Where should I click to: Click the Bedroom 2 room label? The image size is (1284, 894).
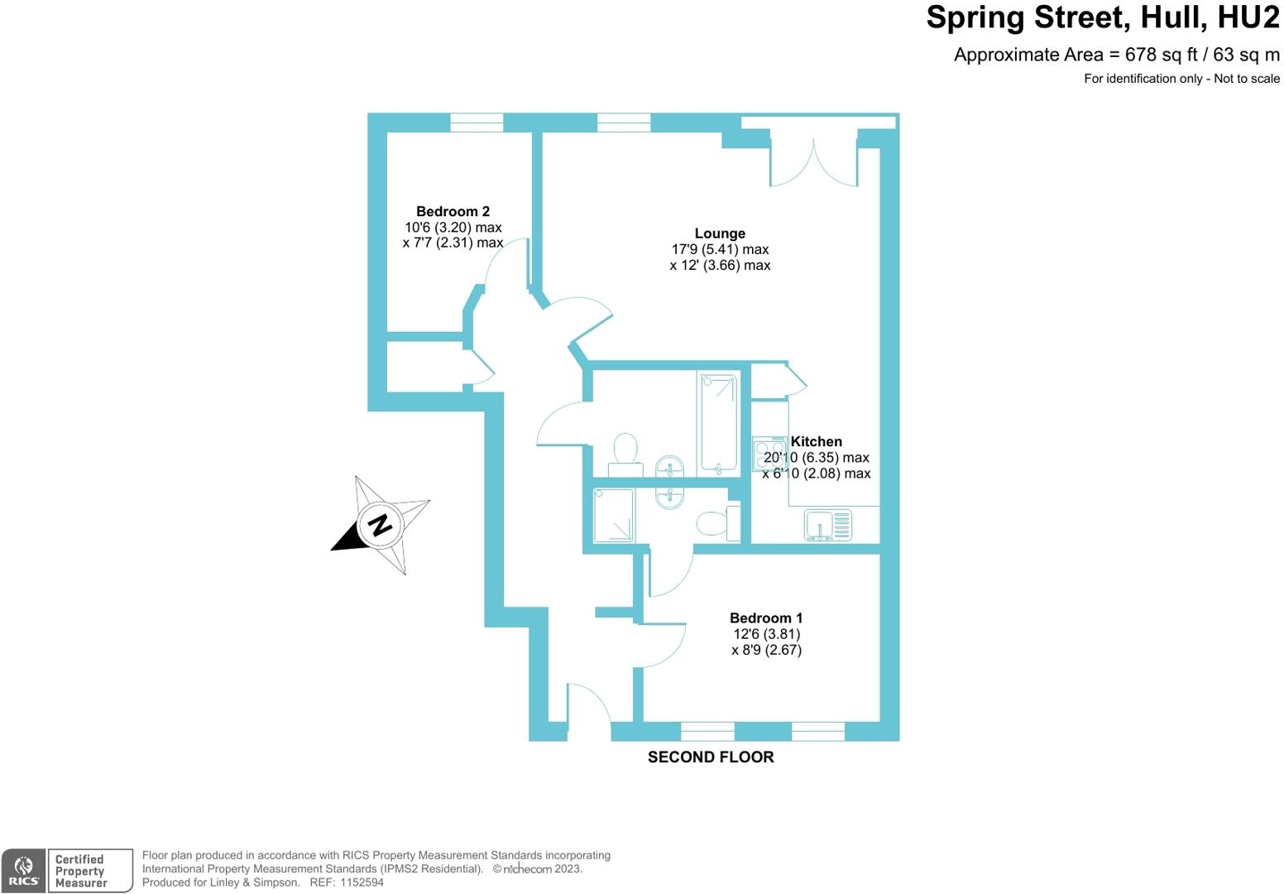point(453,211)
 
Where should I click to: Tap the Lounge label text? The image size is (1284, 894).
point(720,233)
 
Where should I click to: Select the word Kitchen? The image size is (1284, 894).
point(816,441)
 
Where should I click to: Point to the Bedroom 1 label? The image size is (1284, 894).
point(765,618)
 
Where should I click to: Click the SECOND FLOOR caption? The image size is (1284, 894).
point(710,757)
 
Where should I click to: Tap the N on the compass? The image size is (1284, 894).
point(380,524)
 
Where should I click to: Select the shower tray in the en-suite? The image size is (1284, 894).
point(613,515)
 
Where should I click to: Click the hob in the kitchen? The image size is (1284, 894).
point(769,454)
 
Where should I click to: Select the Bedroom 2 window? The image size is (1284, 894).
point(476,123)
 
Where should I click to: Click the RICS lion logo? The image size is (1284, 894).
point(24,870)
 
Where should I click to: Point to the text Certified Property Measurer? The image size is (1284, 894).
point(81,871)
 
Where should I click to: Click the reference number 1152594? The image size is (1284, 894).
point(362,882)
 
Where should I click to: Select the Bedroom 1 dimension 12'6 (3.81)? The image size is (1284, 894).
point(766,634)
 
